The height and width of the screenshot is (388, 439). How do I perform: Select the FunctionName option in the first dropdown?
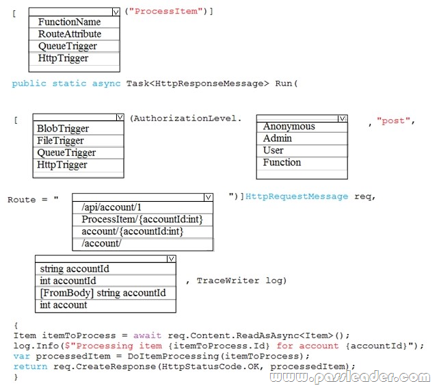pyautogui.click(x=69, y=22)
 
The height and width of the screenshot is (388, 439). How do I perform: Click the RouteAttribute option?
pyautogui.click(x=70, y=34)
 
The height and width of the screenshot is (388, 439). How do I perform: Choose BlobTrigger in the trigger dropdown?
pyautogui.click(x=63, y=128)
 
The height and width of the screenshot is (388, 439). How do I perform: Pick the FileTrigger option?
pyautogui.click(x=60, y=140)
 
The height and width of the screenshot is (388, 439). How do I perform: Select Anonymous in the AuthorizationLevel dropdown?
pyautogui.click(x=289, y=127)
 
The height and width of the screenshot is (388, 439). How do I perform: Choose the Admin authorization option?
pyautogui.click(x=277, y=138)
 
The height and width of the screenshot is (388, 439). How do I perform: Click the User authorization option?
pyautogui.click(x=273, y=151)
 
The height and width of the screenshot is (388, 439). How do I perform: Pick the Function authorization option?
pyautogui.click(x=282, y=162)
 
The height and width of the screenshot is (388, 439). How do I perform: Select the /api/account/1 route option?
pyautogui.click(x=111, y=207)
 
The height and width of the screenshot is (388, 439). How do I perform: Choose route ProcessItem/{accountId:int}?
pyautogui.click(x=142, y=220)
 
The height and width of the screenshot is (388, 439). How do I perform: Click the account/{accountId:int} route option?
pyautogui.click(x=133, y=231)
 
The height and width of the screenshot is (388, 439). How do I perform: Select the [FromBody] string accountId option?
pyautogui.click(x=103, y=293)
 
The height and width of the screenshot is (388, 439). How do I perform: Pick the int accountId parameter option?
pyautogui.click(x=68, y=281)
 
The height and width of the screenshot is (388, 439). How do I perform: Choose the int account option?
pyautogui.click(x=64, y=305)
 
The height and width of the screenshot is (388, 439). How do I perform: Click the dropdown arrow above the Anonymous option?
pyautogui.click(x=342, y=118)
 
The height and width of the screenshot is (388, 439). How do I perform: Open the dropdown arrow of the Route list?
pyautogui.click(x=208, y=197)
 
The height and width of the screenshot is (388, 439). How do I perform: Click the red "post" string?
pyautogui.click(x=393, y=120)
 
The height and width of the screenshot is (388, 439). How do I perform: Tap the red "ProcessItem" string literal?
pyautogui.click(x=165, y=11)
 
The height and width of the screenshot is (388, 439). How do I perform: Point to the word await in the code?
pyautogui.click(x=147, y=335)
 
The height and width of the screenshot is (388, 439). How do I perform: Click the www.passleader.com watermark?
pyautogui.click(x=350, y=377)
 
